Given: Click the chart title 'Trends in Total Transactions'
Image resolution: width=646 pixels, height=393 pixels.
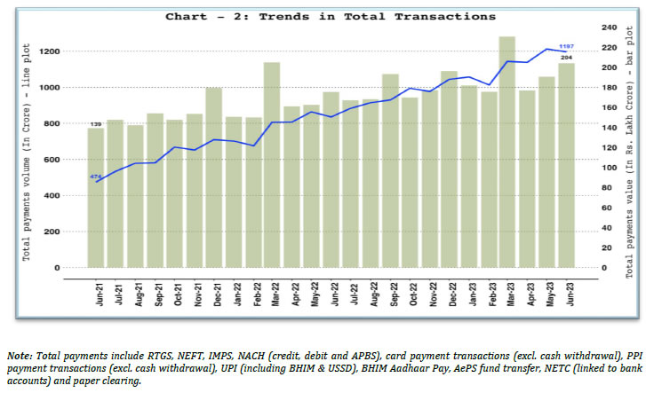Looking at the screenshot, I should click(x=330, y=16).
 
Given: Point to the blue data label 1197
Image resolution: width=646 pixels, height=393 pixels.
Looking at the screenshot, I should click(x=565, y=46).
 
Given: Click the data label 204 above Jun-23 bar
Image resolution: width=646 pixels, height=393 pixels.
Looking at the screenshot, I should click(x=565, y=58).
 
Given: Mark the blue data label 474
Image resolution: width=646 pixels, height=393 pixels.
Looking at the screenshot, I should click(x=95, y=177).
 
